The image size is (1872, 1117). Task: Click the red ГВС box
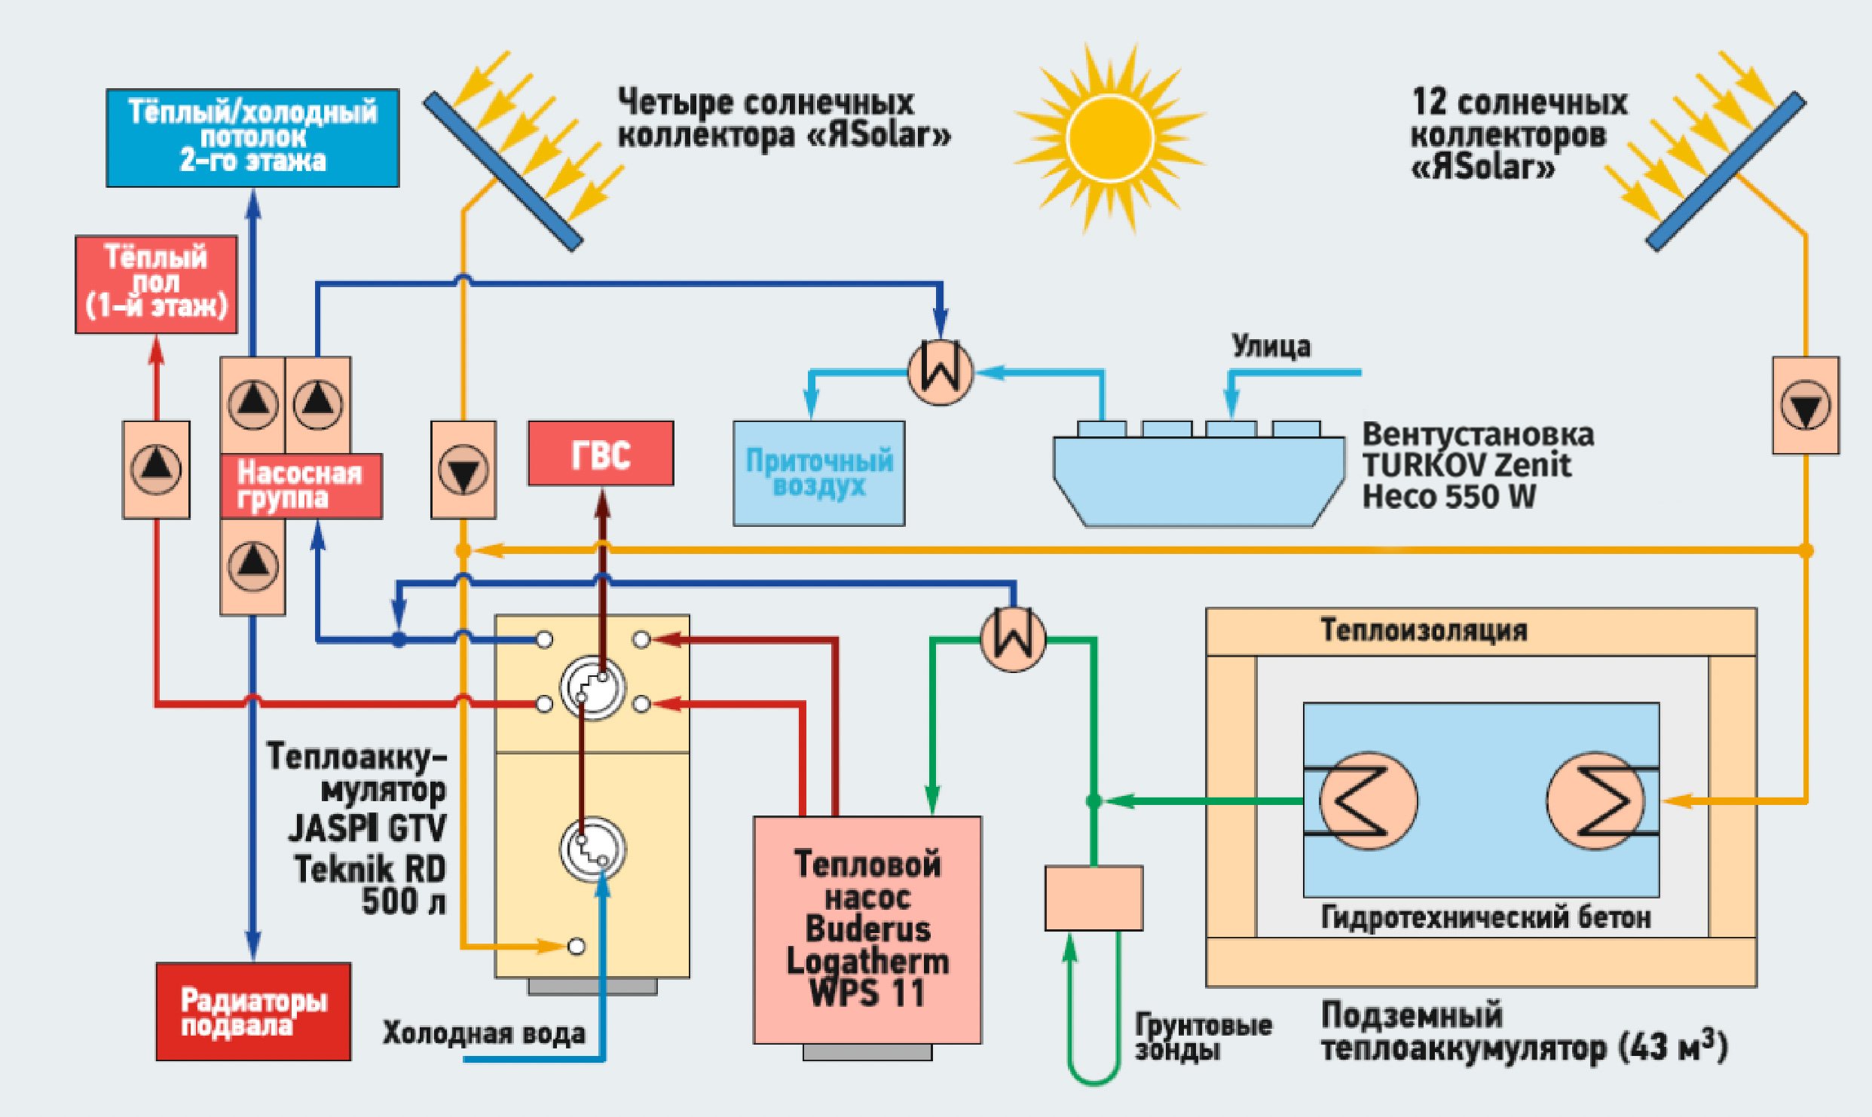pos(601,454)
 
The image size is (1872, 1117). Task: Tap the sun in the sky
pos(1109,138)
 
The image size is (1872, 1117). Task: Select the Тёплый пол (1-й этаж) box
pos(156,284)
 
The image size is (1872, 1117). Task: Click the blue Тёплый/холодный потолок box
pos(252,138)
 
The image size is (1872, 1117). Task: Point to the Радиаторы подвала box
pos(253,1011)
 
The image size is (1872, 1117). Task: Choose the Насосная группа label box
pos(301,486)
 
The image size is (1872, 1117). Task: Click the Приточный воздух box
pos(819,473)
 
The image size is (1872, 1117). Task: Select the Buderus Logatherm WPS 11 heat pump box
pos(867,929)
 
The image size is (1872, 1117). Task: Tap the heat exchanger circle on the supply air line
pos(940,372)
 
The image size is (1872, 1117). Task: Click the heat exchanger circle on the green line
pos(1013,638)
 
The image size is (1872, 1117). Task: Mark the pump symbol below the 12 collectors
pos(1806,405)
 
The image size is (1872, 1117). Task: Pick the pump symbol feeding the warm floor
pos(156,470)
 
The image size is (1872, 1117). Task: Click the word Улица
pos(1271,347)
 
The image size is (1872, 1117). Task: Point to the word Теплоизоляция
pos(1424,631)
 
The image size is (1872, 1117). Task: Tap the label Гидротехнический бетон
pos(1485,918)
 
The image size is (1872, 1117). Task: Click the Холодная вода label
pos(484,1033)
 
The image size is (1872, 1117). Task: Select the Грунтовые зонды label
pos(1203,1036)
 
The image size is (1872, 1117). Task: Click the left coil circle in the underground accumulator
pos(1368,800)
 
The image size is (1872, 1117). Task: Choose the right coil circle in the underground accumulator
pos(1595,800)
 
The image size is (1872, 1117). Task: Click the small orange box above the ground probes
pos(1094,898)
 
